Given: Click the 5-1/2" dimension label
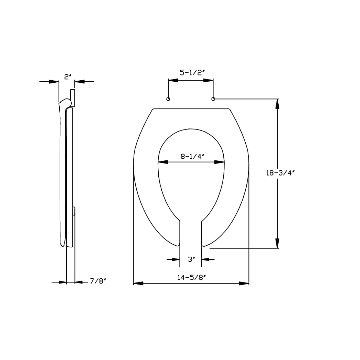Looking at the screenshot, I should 191,73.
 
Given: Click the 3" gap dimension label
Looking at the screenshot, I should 191,259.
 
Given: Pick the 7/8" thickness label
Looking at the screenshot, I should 98,282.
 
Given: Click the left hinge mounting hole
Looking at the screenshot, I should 168,99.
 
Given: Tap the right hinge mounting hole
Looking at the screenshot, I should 213,99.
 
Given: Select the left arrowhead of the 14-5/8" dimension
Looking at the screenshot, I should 138,283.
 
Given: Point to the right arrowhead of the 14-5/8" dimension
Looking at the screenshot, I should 244,283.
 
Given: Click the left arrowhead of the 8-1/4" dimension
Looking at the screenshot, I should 162,162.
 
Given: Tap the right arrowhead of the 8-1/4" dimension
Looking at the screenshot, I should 219,162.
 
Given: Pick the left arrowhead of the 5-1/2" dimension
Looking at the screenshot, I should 173,80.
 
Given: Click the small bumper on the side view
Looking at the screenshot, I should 74,211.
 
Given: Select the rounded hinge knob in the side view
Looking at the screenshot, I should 68,103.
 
